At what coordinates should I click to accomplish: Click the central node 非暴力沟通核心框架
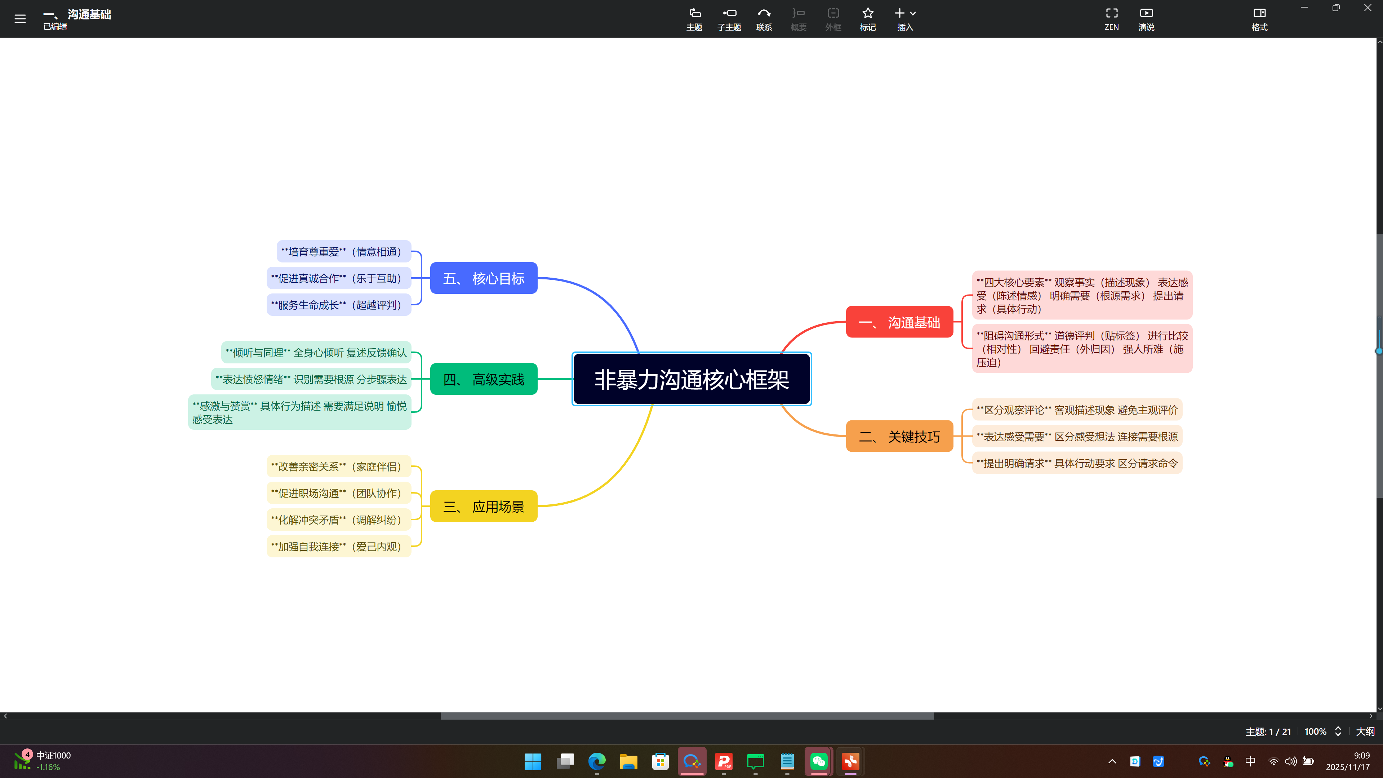pos(691,379)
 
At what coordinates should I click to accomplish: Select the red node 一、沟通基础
pos(899,322)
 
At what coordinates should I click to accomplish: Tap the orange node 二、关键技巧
pos(899,436)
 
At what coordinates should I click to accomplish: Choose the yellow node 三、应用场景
pos(483,506)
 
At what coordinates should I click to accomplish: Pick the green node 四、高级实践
pos(483,379)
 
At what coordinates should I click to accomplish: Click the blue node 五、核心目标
pos(483,278)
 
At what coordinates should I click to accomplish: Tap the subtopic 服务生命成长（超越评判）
pos(338,305)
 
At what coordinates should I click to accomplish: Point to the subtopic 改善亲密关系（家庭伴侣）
pos(338,467)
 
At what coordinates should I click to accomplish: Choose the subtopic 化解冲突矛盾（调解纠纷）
pos(338,520)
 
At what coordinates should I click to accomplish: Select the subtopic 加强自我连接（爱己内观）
pos(338,547)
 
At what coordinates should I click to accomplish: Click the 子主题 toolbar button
pos(729,19)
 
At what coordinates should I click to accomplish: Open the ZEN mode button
pos(1111,19)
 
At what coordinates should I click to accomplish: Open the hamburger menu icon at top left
pos(20,19)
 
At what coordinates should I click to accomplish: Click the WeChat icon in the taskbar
pos(818,761)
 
